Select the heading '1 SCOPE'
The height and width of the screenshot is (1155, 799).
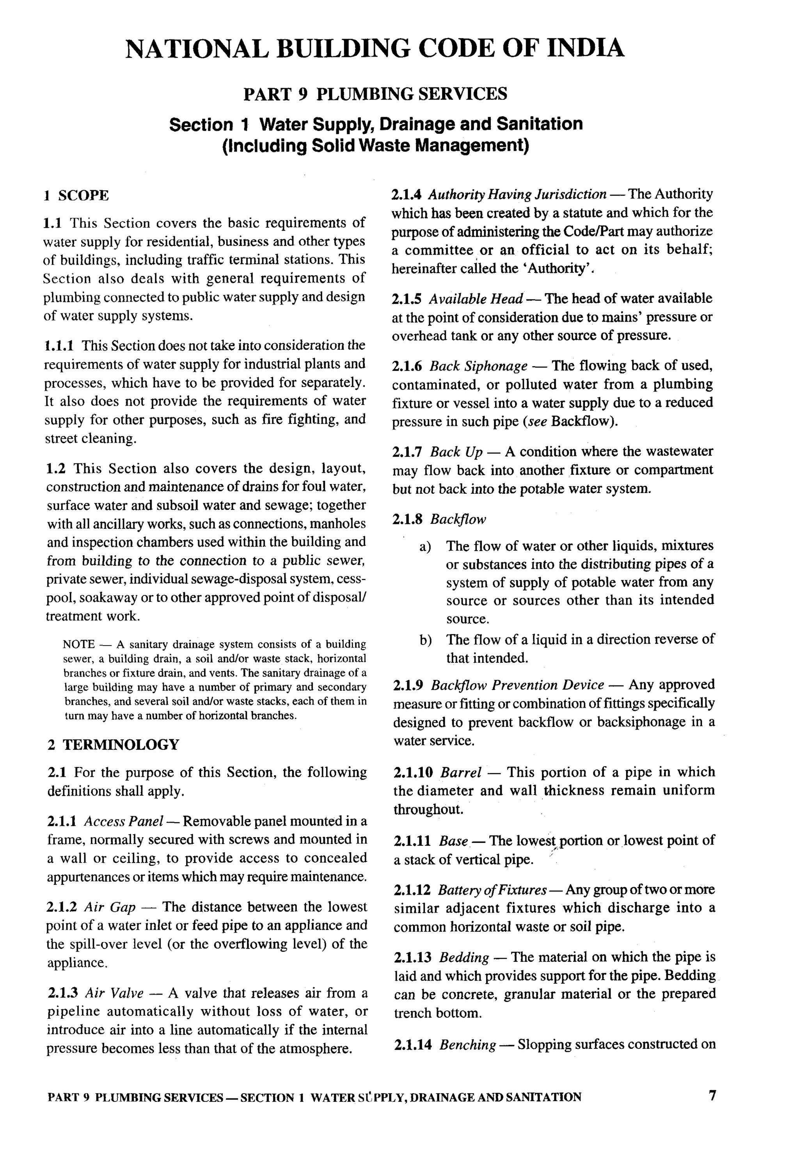coord(76,195)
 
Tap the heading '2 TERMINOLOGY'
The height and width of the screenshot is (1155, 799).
coord(114,744)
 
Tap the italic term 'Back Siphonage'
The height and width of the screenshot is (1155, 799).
coord(478,366)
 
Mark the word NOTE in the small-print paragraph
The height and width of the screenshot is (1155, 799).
coord(78,644)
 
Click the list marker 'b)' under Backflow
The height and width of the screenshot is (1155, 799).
coord(426,640)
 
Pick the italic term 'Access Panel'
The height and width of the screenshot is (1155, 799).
coord(123,821)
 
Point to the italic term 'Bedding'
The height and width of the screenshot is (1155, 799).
coord(463,957)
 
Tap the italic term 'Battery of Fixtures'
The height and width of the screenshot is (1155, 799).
coord(492,890)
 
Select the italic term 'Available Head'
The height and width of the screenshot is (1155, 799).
coord(476,299)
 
